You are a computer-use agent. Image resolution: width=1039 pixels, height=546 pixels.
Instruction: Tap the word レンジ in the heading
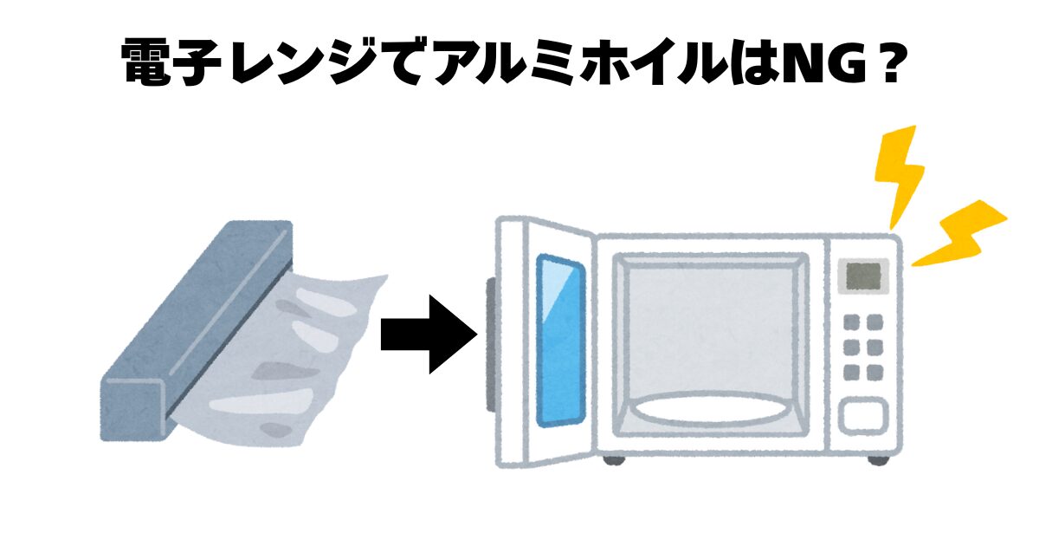coord(303,63)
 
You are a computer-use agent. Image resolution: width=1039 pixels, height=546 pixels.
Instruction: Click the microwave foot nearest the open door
coord(614,458)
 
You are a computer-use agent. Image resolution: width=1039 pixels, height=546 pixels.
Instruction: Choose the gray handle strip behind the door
coord(491,342)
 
